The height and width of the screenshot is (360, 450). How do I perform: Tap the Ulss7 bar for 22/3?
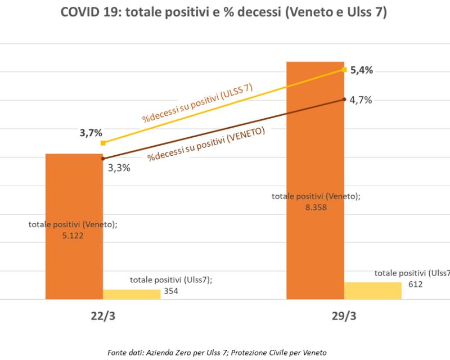click(x=132, y=294)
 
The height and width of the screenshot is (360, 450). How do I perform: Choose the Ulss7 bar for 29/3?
click(x=373, y=290)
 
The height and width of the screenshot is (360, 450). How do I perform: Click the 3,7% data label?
click(x=91, y=133)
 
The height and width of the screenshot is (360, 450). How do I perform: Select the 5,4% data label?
click(x=362, y=70)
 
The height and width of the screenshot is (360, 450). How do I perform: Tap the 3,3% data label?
click(x=119, y=167)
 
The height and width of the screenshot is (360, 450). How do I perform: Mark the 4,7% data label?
click(x=361, y=100)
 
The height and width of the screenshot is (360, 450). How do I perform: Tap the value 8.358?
click(x=315, y=206)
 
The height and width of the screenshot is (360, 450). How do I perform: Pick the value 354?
click(x=171, y=291)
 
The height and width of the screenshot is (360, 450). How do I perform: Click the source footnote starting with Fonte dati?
click(x=225, y=352)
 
